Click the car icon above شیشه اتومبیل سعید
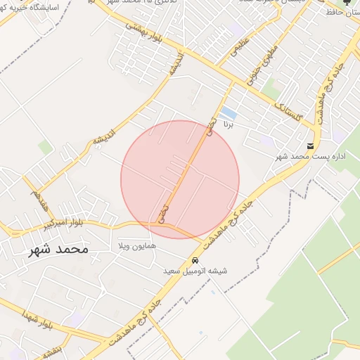point(195,259)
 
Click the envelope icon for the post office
point(310,146)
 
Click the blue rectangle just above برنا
point(228,112)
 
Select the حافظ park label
point(345,13)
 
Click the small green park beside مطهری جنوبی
point(271,88)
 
